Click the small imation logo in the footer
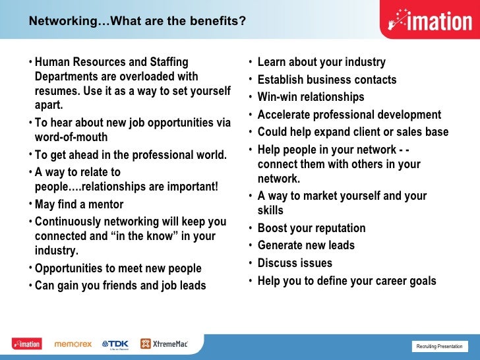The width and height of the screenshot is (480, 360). [x=26, y=344]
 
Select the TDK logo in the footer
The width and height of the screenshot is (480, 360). [x=115, y=344]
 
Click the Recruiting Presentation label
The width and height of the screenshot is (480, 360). [x=439, y=347]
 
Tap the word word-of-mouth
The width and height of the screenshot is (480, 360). [x=71, y=138]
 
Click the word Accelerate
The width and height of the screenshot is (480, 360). [x=285, y=115]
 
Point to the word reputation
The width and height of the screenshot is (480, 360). [x=336, y=228]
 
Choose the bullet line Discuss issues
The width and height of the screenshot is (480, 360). [x=295, y=263]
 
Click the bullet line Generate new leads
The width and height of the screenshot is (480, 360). [x=306, y=245]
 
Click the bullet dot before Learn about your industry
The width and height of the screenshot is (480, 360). [x=250, y=63]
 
